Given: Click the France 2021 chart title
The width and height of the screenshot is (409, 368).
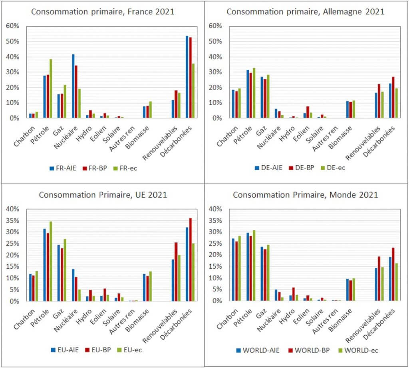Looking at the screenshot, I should tap(103, 12).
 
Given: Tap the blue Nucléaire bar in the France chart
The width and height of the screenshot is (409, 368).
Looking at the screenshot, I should tap(73, 86).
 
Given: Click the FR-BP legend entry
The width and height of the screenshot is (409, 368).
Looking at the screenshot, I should tap(91, 168).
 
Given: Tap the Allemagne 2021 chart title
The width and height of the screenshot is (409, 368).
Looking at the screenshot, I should tap(305, 12).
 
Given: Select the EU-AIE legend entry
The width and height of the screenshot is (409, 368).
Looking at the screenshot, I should tap(64, 350).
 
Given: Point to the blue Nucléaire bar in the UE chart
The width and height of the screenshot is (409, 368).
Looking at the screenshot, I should tap(73, 285).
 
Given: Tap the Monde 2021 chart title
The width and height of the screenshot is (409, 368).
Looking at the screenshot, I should tap(305, 195).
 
